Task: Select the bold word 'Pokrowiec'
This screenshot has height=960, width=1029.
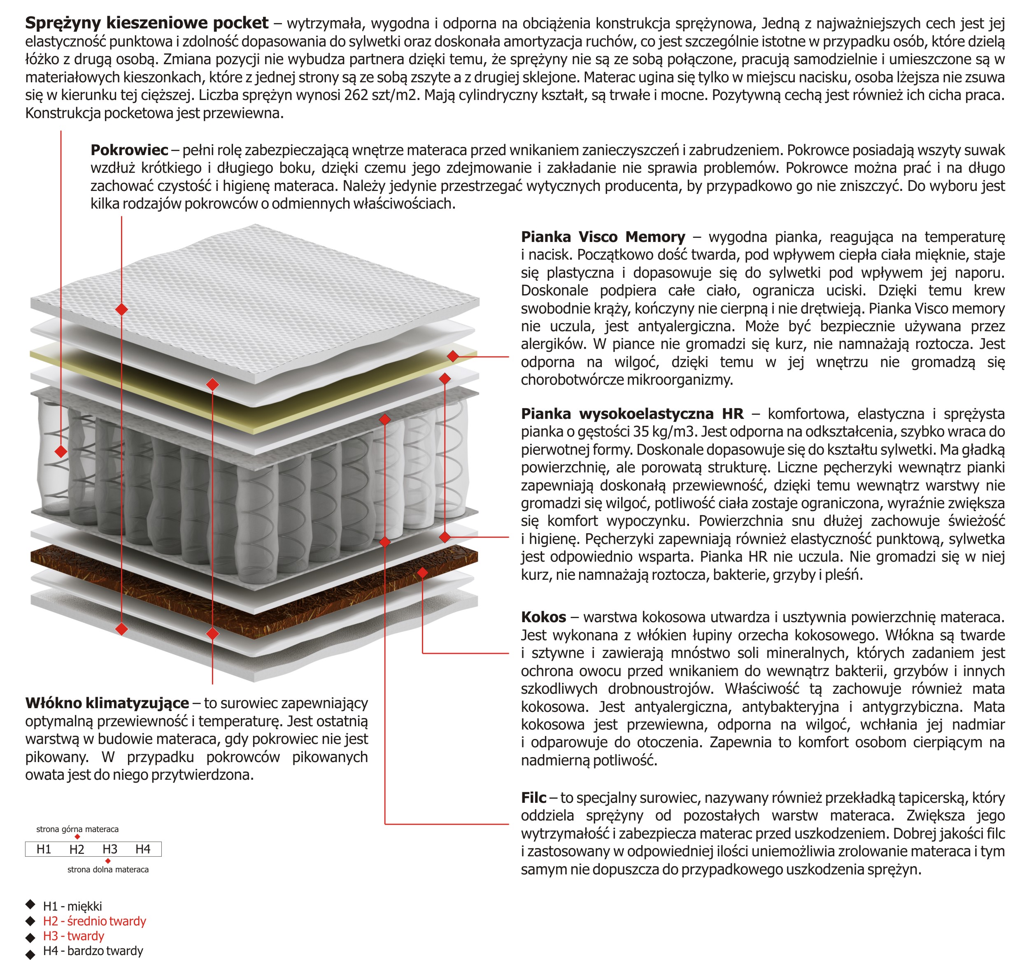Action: (x=129, y=150)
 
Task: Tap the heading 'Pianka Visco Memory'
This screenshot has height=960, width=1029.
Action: (x=603, y=237)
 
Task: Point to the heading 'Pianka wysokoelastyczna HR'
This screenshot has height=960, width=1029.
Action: (x=631, y=414)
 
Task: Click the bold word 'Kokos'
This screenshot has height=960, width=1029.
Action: (x=543, y=617)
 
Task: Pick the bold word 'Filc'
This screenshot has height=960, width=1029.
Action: (x=533, y=797)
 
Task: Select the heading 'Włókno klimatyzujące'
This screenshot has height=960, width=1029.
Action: (x=107, y=703)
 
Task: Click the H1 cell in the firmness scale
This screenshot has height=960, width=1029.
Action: (x=44, y=849)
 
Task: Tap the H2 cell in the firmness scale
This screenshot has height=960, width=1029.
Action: (x=77, y=849)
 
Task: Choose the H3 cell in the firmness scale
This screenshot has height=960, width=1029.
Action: (x=110, y=849)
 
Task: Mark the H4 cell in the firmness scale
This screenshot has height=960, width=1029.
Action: (x=143, y=849)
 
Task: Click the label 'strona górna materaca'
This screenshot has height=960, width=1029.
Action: (x=77, y=829)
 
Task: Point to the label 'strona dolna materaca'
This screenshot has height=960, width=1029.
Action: (x=108, y=869)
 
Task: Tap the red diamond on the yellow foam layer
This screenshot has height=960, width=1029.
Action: (x=453, y=356)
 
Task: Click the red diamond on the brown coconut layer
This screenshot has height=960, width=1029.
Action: (x=422, y=572)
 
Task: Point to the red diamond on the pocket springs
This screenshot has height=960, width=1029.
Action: (x=61, y=451)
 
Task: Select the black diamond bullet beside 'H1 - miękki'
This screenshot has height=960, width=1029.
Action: (x=30, y=904)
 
